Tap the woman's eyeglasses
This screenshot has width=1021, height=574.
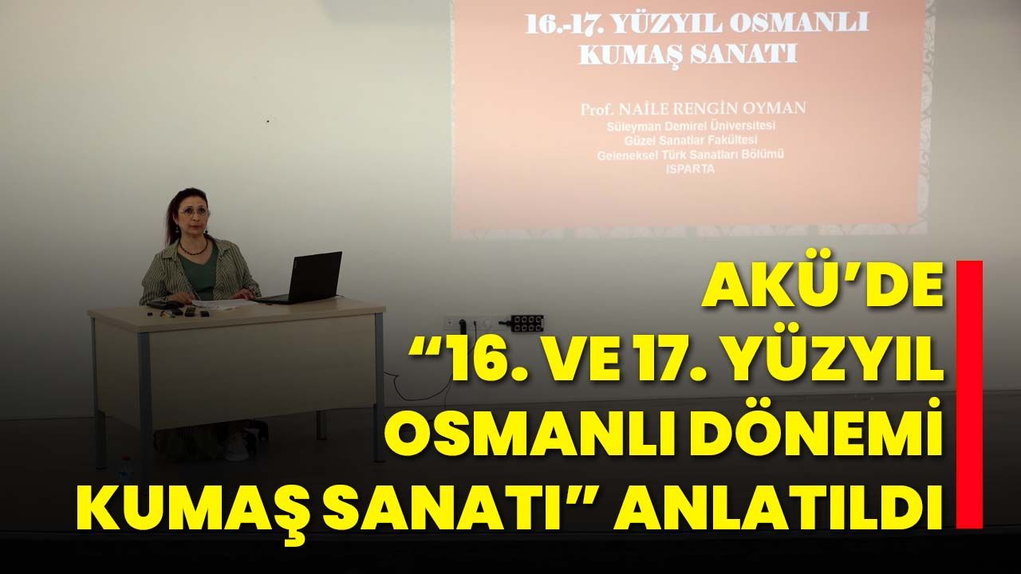click(194, 211)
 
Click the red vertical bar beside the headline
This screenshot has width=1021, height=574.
click(969, 395)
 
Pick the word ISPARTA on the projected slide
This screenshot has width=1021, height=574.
click(690, 169)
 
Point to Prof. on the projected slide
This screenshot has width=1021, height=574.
click(596, 110)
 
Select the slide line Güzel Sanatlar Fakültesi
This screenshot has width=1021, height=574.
click(691, 140)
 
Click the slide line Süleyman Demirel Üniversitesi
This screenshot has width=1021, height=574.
click(691, 125)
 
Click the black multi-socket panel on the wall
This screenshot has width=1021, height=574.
click(527, 323)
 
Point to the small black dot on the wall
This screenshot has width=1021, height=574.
click(268, 121)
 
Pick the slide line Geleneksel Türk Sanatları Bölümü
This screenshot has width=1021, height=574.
click(691, 155)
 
